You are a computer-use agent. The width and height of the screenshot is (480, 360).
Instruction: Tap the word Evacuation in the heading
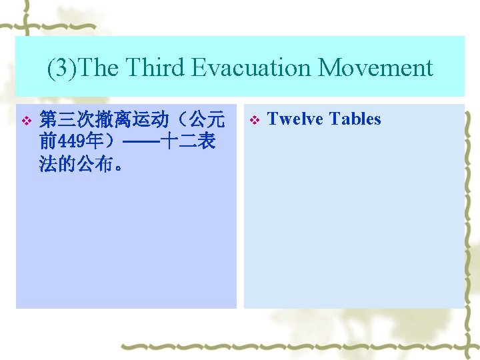click(251, 68)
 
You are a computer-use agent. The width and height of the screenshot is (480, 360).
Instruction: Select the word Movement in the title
click(375, 68)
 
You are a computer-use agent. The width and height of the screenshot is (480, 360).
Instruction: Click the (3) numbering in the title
click(59, 68)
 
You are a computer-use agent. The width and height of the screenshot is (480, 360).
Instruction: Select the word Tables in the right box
click(355, 119)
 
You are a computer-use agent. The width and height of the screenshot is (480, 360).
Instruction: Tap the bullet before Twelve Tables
click(253, 121)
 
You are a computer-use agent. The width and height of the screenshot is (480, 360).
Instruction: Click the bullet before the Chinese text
click(26, 121)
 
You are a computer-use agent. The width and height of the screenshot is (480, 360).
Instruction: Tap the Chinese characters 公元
click(207, 120)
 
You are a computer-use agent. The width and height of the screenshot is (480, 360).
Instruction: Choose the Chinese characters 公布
click(95, 164)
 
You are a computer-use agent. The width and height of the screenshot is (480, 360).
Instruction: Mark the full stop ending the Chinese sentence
click(119, 167)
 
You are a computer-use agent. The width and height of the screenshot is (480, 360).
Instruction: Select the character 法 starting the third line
click(49, 164)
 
